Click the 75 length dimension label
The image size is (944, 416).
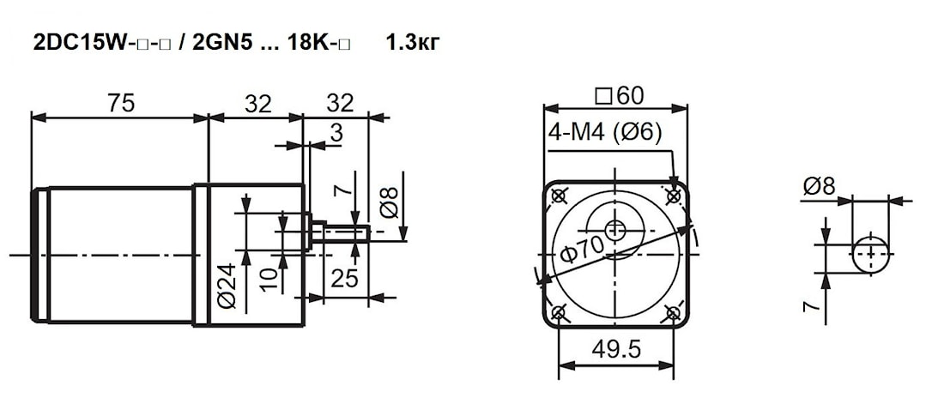[121, 104]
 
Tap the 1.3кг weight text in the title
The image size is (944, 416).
[413, 44]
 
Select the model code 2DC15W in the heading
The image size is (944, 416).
[80, 44]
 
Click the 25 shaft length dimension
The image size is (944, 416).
[345, 279]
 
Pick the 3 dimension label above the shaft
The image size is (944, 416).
[336, 134]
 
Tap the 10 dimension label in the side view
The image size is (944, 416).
[271, 280]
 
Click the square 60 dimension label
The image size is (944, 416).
[619, 95]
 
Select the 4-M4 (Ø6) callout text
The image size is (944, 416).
[605, 132]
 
